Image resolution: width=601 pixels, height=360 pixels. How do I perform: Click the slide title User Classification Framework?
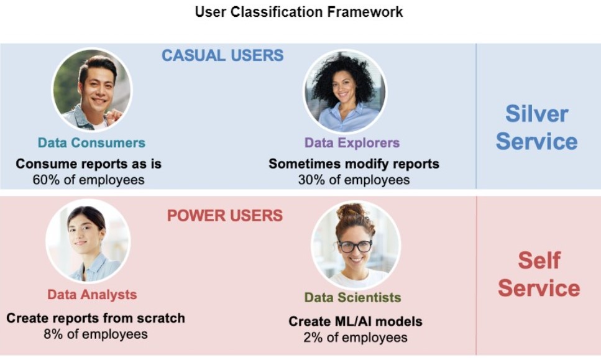(x=299, y=12)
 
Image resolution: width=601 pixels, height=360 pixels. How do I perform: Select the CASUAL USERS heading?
(x=223, y=55)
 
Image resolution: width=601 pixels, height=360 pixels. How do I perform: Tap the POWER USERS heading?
(x=224, y=216)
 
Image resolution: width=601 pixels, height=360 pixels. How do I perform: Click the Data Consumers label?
(x=91, y=143)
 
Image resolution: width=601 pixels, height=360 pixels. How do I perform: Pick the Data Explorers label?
(x=352, y=143)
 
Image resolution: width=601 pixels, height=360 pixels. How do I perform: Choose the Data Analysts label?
(x=92, y=295)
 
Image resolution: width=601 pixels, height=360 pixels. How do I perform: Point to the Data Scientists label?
(x=352, y=298)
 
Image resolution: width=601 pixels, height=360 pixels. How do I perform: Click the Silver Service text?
(x=536, y=127)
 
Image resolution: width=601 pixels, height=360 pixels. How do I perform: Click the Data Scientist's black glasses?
(x=354, y=246)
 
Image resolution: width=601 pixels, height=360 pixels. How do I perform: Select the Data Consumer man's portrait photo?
(x=92, y=90)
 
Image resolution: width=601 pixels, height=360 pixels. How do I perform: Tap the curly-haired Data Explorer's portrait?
(x=345, y=91)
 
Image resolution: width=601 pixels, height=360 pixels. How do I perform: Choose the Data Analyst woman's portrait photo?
(x=87, y=241)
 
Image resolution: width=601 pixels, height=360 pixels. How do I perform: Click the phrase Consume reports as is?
(x=88, y=164)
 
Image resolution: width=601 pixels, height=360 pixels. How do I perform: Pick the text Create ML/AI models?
(x=355, y=321)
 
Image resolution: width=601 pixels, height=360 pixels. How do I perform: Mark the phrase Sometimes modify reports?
(x=354, y=164)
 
